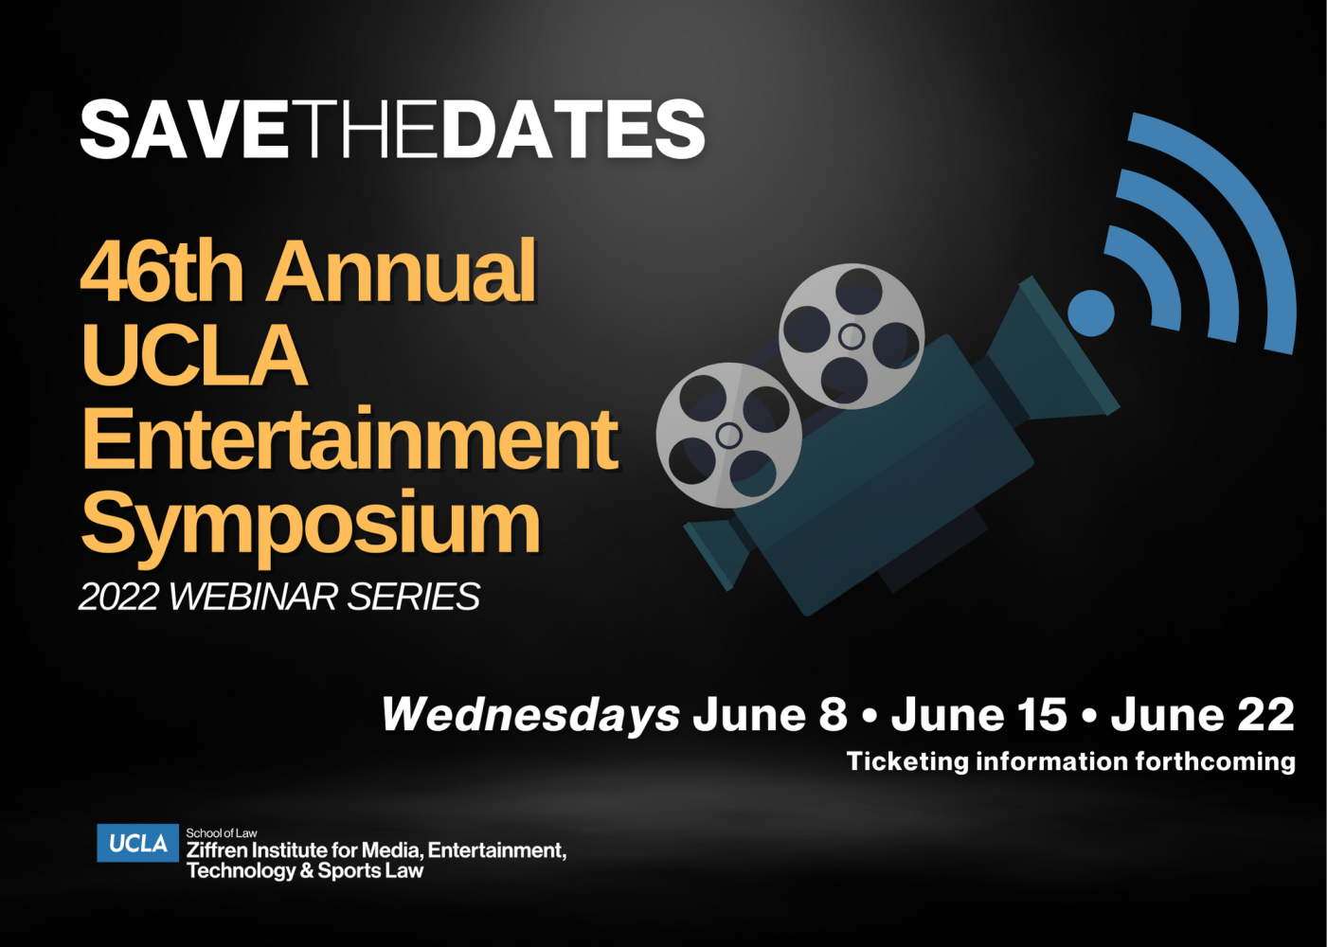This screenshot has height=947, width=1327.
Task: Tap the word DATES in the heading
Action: point(573,130)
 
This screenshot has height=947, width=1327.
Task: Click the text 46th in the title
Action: point(162,272)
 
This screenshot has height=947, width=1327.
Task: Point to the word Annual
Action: point(402,272)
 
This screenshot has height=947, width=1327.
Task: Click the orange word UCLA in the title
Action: point(195,356)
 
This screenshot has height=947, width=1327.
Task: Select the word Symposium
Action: point(311,524)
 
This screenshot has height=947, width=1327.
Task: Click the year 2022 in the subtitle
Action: point(118,598)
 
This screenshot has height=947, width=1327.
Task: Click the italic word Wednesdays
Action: point(530,715)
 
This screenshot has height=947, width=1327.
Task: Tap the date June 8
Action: point(769,715)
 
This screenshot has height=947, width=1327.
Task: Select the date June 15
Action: point(978,715)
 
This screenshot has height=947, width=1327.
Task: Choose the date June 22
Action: point(1202,715)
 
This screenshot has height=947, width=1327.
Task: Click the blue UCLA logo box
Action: point(137,843)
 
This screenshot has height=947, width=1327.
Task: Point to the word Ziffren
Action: point(217,850)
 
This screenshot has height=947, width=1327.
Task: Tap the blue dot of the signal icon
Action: point(1091,313)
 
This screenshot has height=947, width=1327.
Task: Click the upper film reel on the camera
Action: point(851,336)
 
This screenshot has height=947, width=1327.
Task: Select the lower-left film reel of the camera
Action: point(728,436)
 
